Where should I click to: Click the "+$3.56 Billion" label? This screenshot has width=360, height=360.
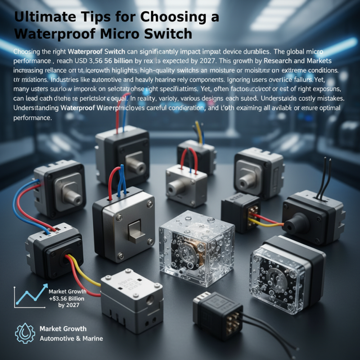(x=67, y=298)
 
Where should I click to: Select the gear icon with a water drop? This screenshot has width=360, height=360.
(x=25, y=333)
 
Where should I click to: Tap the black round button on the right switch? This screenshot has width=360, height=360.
(x=298, y=222)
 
